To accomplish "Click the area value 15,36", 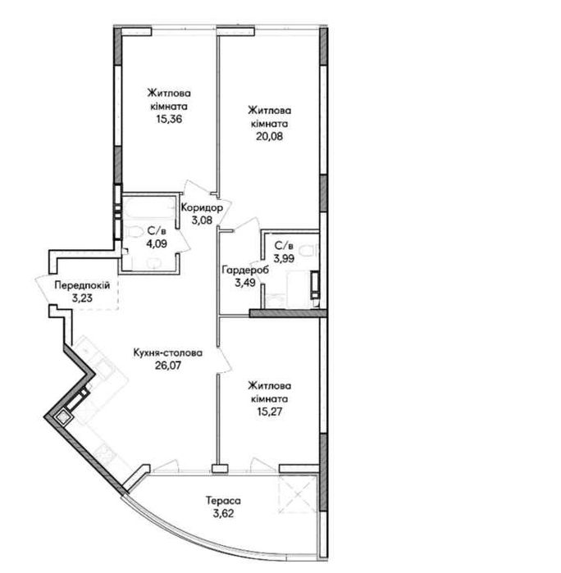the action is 169,119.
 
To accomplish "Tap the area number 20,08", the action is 270,136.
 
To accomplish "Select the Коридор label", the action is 202,208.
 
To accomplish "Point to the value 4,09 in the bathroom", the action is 157,243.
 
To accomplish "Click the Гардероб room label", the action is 245,270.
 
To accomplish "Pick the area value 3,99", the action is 284,258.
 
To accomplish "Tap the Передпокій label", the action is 82,285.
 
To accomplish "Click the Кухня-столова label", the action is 168,353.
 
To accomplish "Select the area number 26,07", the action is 168,365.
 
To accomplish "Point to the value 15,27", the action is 269,412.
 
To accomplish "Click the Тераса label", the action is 223,500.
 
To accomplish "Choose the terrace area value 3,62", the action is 223,513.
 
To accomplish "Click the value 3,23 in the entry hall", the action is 82,298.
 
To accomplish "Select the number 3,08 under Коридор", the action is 202,221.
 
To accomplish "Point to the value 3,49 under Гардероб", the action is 245,283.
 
